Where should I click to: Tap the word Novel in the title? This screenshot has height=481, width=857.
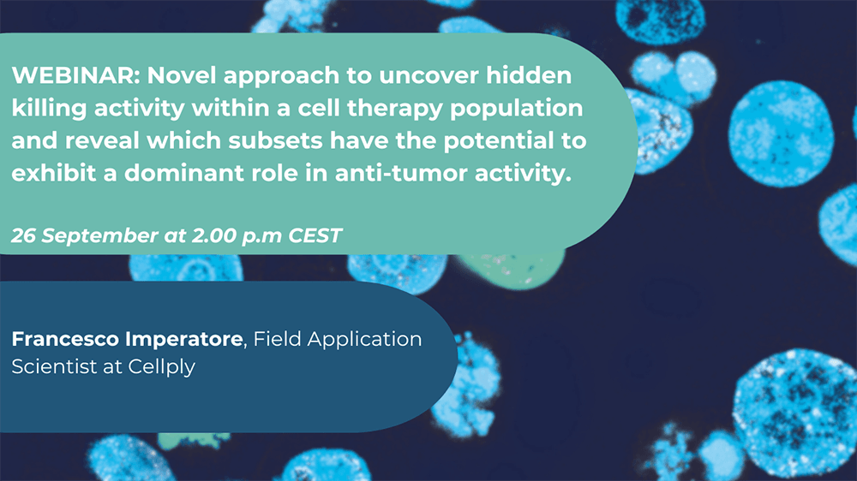[177, 75]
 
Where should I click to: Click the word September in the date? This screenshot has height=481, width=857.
[99, 235]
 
